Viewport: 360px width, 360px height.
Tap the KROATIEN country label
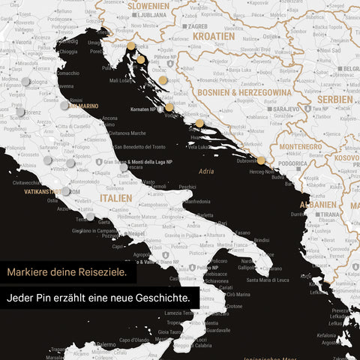213,36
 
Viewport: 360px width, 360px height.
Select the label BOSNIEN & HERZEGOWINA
244,91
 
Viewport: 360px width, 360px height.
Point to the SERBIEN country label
334,99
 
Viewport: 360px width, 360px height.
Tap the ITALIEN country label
115,198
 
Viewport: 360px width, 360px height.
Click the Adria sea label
206,171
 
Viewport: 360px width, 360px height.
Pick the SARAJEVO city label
286,109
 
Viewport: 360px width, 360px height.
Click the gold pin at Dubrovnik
261,160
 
